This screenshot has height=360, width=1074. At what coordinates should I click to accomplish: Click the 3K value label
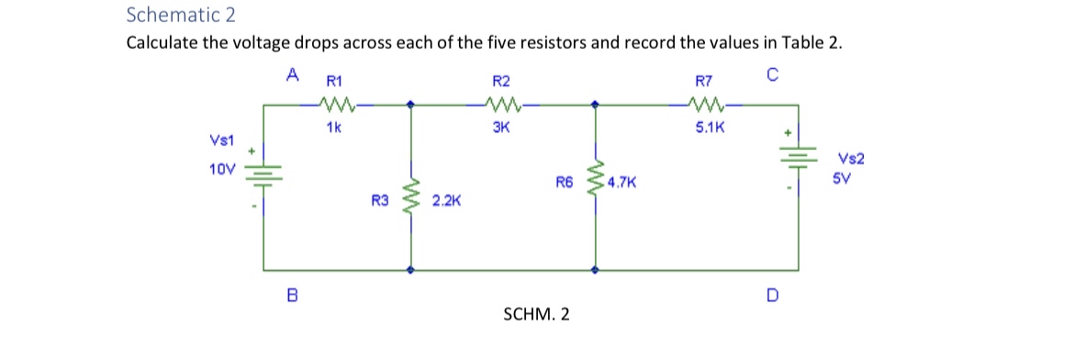pyautogui.click(x=502, y=129)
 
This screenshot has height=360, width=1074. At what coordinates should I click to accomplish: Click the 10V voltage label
pyautogui.click(x=221, y=169)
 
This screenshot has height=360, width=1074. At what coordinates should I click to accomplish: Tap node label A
pyautogui.click(x=292, y=73)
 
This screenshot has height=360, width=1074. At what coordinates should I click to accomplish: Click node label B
pyautogui.click(x=292, y=295)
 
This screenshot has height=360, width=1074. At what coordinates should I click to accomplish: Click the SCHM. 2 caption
pyautogui.click(x=536, y=314)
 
